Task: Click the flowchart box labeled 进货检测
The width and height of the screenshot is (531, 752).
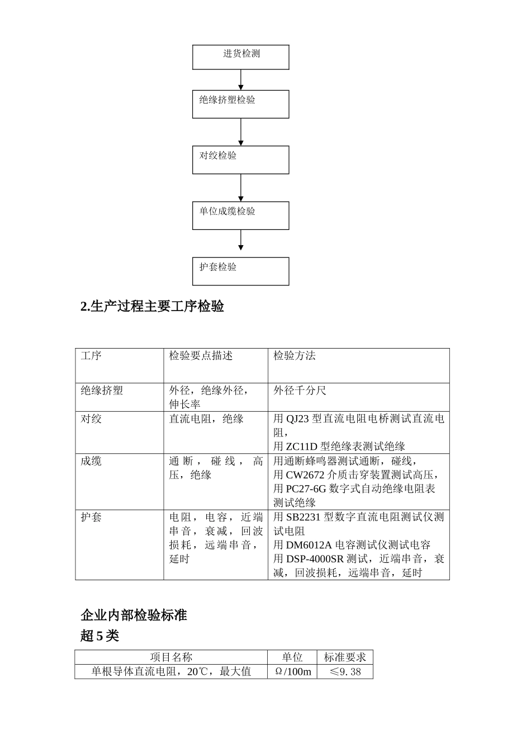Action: [241, 57]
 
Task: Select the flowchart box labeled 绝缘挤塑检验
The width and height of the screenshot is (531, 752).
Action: [241, 104]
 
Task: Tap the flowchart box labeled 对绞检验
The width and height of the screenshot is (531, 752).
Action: [241, 159]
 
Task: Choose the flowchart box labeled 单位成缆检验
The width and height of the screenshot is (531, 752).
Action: [241, 215]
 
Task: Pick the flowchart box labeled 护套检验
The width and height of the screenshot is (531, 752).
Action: [241, 271]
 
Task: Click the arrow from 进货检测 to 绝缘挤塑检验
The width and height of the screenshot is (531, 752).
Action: [241, 79]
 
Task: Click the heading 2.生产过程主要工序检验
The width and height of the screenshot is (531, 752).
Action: [152, 307]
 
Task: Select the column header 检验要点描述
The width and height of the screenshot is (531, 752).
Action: [201, 356]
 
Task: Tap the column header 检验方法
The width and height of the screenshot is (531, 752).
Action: [295, 356]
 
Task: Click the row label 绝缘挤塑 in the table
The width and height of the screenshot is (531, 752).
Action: [102, 391]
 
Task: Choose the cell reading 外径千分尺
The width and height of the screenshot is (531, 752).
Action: [300, 391]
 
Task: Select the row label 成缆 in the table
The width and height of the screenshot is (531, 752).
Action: [91, 461]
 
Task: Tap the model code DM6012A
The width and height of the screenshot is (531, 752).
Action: [309, 545]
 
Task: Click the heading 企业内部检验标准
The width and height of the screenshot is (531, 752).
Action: [134, 615]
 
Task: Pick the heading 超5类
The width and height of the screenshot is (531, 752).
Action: [100, 636]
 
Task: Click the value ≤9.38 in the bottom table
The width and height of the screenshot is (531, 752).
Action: [345, 671]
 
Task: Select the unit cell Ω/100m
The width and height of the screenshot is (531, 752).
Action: [292, 671]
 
